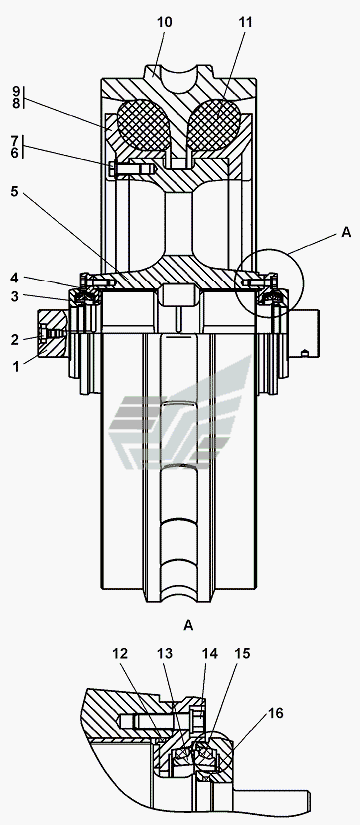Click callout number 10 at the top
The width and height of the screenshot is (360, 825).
(x=164, y=22)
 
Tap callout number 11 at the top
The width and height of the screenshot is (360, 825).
(x=245, y=22)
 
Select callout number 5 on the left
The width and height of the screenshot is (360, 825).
(x=15, y=192)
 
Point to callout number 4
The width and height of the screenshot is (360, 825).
(x=15, y=277)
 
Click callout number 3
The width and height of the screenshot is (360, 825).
(x=15, y=296)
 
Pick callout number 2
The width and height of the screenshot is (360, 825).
(x=15, y=340)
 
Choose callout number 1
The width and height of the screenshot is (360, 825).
(x=16, y=366)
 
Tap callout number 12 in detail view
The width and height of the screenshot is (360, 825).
(x=120, y=653)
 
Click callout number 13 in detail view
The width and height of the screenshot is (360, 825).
(x=165, y=653)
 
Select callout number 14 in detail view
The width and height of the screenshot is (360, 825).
(x=209, y=653)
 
